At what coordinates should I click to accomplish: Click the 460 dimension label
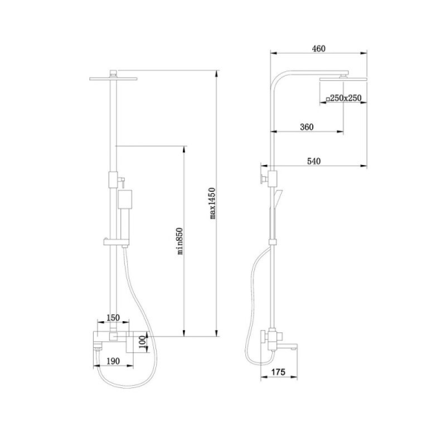pyautogui.click(x=318, y=49)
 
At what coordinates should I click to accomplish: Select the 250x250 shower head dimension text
pyautogui.click(x=346, y=98)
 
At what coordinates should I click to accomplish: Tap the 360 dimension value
pyautogui.click(x=307, y=127)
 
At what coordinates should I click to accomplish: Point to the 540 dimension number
pyautogui.click(x=314, y=161)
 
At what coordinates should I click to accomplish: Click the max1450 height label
pyautogui.click(x=212, y=203)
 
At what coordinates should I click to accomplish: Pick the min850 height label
pyautogui.click(x=179, y=241)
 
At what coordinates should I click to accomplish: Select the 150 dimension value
pyautogui.click(x=113, y=318)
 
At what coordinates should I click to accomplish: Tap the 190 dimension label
pyautogui.click(x=113, y=361)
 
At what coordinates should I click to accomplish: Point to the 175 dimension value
pyautogui.click(x=278, y=372)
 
